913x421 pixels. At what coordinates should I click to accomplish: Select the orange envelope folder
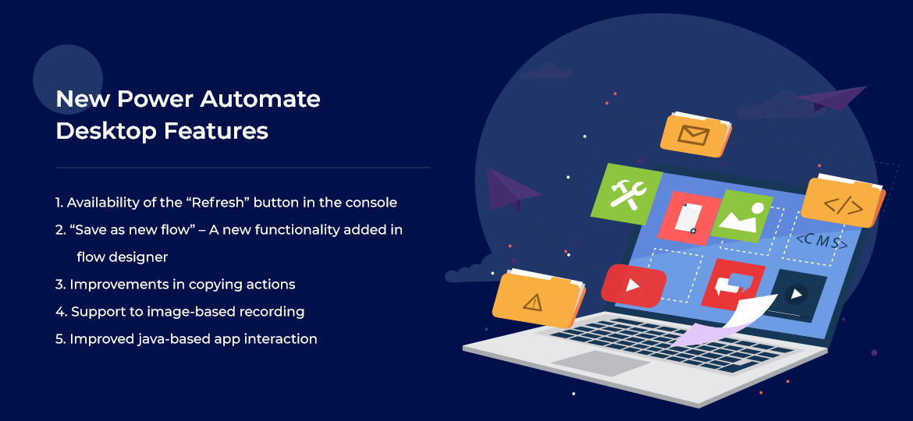click(695, 135)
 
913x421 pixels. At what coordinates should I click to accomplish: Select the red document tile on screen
click(687, 218)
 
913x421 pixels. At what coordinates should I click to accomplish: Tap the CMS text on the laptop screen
click(820, 242)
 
